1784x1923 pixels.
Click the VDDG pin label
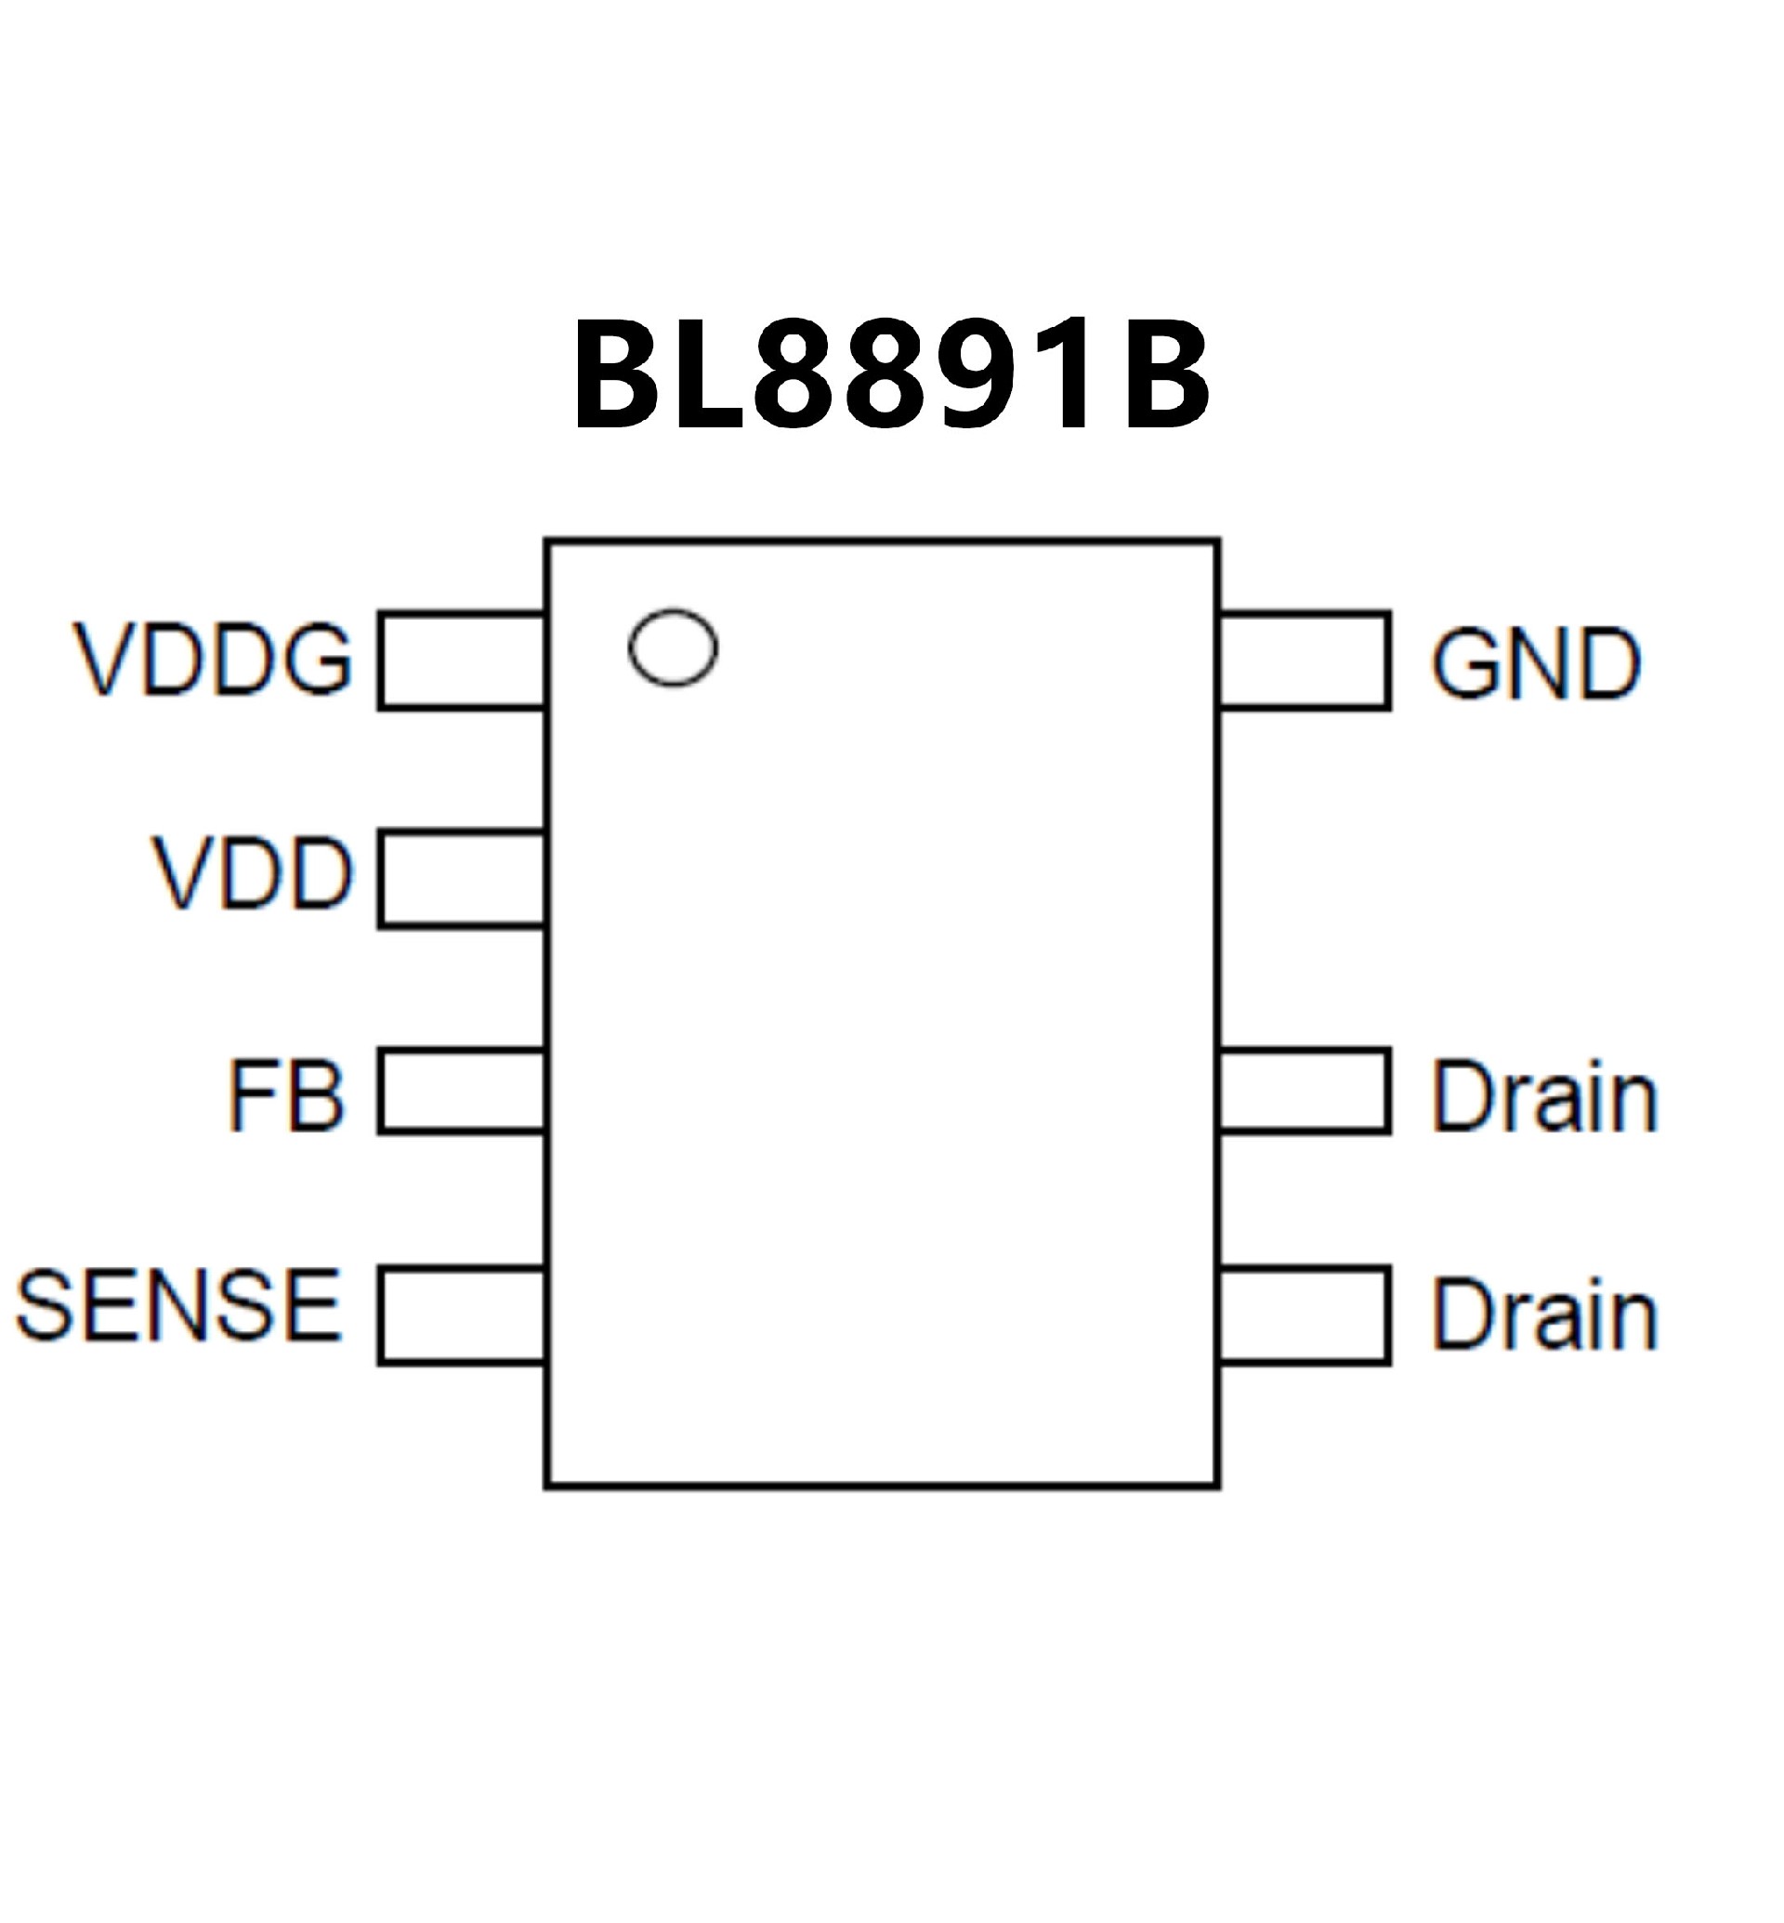[x=214, y=661]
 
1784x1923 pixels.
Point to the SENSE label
[x=178, y=1307]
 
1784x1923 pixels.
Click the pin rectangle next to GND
[x=1305, y=661]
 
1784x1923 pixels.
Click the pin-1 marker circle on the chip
[x=673, y=648]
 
